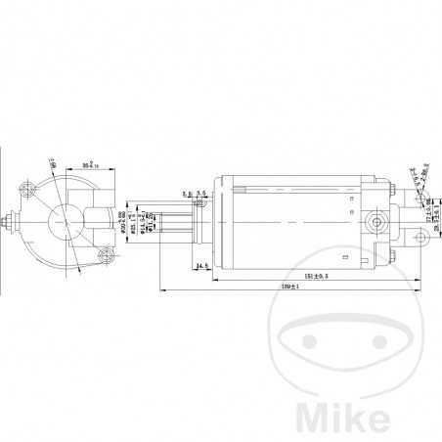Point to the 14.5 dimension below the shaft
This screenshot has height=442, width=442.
point(202,266)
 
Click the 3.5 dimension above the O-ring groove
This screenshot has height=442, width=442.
point(200,194)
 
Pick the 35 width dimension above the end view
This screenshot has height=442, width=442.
point(94,164)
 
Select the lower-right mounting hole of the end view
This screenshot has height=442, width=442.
point(109,256)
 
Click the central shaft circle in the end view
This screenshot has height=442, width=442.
point(65,224)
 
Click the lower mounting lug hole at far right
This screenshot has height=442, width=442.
point(422,238)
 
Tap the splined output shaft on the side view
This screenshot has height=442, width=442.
point(173,224)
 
